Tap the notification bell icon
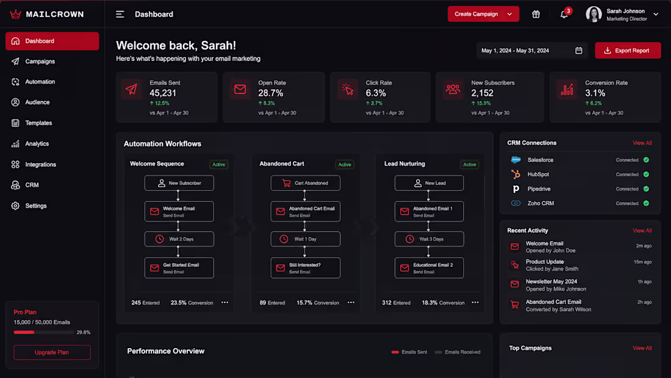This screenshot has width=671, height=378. coord(564,15)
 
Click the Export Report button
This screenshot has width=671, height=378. coord(628,51)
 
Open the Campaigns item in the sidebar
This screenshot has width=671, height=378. coord(40,61)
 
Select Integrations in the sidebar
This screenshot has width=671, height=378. coord(40,164)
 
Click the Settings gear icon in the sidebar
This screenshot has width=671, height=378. coord(15,206)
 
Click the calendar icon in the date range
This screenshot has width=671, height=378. coord(578,51)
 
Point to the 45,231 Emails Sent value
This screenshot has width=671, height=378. coord(163,93)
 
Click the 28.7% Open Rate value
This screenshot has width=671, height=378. coord(270,93)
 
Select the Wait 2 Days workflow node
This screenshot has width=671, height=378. coord(179,239)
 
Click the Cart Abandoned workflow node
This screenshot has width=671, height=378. coord(306,183)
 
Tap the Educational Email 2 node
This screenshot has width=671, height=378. coord(429,268)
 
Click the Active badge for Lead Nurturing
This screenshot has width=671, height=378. coord(470,164)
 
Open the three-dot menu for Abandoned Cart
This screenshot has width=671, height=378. coord(351,302)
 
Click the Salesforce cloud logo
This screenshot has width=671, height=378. coord(515,160)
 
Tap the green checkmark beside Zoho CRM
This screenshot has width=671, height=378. coord(646,203)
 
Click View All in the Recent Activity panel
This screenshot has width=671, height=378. coord(642,231)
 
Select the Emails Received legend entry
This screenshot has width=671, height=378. coord(457,352)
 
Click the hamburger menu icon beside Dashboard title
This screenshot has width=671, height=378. coord(120,15)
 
